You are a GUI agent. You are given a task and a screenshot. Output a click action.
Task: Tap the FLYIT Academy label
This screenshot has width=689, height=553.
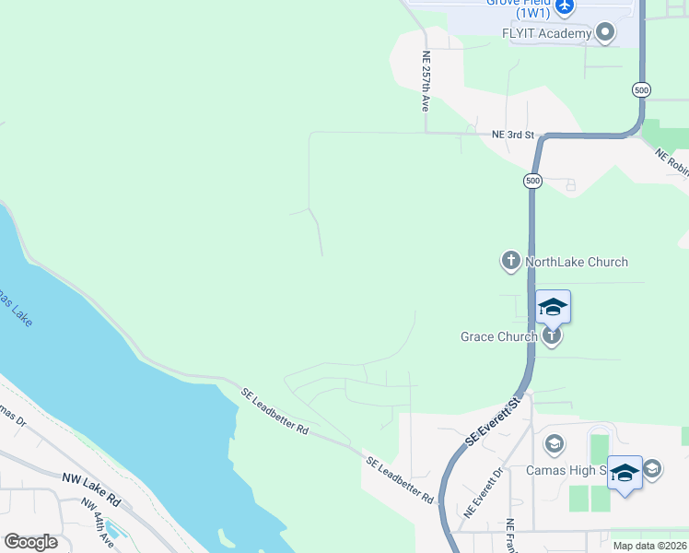(x=545, y=34)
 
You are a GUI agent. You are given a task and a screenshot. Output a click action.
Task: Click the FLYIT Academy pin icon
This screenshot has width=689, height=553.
(x=605, y=34)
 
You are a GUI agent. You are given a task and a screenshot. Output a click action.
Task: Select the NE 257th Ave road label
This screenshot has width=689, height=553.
(x=426, y=81)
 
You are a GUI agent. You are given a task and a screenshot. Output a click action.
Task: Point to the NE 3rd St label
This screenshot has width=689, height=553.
(x=513, y=135)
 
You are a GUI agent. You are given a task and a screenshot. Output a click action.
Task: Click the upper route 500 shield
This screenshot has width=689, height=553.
(x=641, y=89)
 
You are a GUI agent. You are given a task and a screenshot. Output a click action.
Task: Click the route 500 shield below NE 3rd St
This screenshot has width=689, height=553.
(x=532, y=181)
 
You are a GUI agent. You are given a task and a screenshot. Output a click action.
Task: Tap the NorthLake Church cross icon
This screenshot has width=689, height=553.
(x=510, y=262)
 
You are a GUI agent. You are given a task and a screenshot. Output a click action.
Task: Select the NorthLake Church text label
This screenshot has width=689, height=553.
(x=577, y=262)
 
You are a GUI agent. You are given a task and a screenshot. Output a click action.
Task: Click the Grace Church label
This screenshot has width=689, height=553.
(x=498, y=336)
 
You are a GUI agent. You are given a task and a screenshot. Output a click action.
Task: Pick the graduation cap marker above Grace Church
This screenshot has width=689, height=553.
(x=554, y=307)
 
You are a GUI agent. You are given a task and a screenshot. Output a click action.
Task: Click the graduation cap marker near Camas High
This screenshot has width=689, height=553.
(x=625, y=473)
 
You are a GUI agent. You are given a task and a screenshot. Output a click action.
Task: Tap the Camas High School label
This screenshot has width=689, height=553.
(x=566, y=469)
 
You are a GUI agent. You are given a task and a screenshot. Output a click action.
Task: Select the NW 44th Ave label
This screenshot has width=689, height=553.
(x=97, y=523)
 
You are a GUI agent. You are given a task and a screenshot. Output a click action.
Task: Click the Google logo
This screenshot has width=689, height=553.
(x=30, y=541)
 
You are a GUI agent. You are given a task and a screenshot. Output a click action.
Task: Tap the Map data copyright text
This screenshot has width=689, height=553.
(x=649, y=546)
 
